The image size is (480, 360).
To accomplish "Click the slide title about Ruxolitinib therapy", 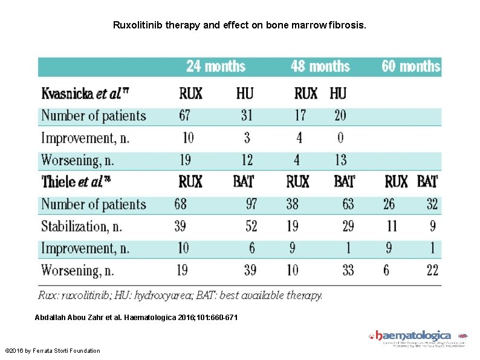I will click(x=239, y=26).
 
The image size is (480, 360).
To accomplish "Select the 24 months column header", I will click(x=216, y=66).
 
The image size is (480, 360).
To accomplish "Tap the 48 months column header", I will click(x=320, y=66).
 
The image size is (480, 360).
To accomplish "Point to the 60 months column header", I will click(x=410, y=66).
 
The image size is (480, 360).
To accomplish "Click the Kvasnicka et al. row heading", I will click(x=85, y=94).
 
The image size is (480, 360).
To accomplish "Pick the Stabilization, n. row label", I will click(x=82, y=226).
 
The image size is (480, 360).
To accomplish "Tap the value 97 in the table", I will click(x=251, y=204).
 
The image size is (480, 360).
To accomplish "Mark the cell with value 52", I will click(x=251, y=226).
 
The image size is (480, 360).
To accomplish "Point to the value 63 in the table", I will click(x=348, y=204).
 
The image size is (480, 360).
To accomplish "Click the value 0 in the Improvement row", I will click(x=340, y=138).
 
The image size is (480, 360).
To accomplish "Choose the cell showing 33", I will click(x=348, y=270).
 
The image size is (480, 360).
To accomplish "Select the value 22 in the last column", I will click(x=432, y=270).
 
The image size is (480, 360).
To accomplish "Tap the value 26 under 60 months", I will click(x=389, y=204).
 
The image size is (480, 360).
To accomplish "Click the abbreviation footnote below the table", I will click(x=180, y=296).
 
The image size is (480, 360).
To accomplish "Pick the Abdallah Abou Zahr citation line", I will click(x=136, y=318).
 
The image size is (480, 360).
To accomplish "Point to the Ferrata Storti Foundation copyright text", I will click(x=53, y=351).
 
